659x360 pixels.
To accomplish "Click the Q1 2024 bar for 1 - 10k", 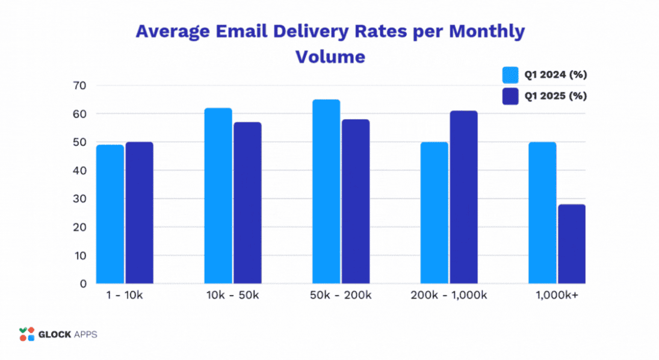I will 110,214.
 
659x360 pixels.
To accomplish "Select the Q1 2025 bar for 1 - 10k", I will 139,213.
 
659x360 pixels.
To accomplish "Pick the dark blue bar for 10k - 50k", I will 247,203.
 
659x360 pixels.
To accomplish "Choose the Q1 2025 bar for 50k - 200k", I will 355,202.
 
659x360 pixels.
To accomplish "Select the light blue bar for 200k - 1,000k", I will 434,213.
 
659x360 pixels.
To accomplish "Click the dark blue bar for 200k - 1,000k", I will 463,197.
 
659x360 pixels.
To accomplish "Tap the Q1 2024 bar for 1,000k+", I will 542,213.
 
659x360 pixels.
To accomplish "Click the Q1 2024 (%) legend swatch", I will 511,75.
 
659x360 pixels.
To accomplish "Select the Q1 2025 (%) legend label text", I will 555,96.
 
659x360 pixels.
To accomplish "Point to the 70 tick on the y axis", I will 79,85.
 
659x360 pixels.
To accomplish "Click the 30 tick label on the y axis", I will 79,199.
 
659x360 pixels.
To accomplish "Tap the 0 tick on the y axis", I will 82,284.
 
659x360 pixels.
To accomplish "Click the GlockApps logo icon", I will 27,334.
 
